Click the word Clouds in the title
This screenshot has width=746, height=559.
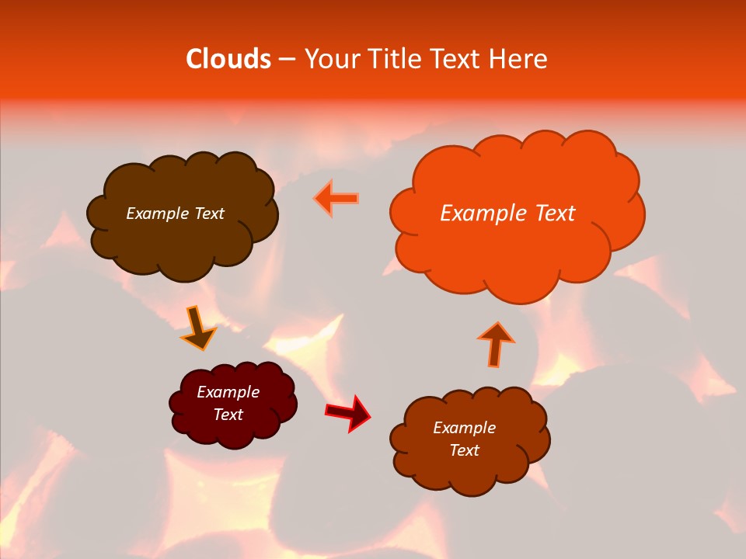(x=228, y=59)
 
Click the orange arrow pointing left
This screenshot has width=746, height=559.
(x=337, y=198)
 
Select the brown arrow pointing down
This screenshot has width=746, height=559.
(x=197, y=329)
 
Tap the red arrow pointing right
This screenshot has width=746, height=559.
(x=348, y=412)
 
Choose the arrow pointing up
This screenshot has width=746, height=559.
(x=496, y=344)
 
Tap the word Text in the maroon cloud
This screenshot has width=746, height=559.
(x=228, y=415)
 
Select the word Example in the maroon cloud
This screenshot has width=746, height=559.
(x=228, y=392)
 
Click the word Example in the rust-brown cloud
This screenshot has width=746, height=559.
(x=464, y=428)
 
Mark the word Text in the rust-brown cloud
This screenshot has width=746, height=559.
(x=464, y=450)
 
